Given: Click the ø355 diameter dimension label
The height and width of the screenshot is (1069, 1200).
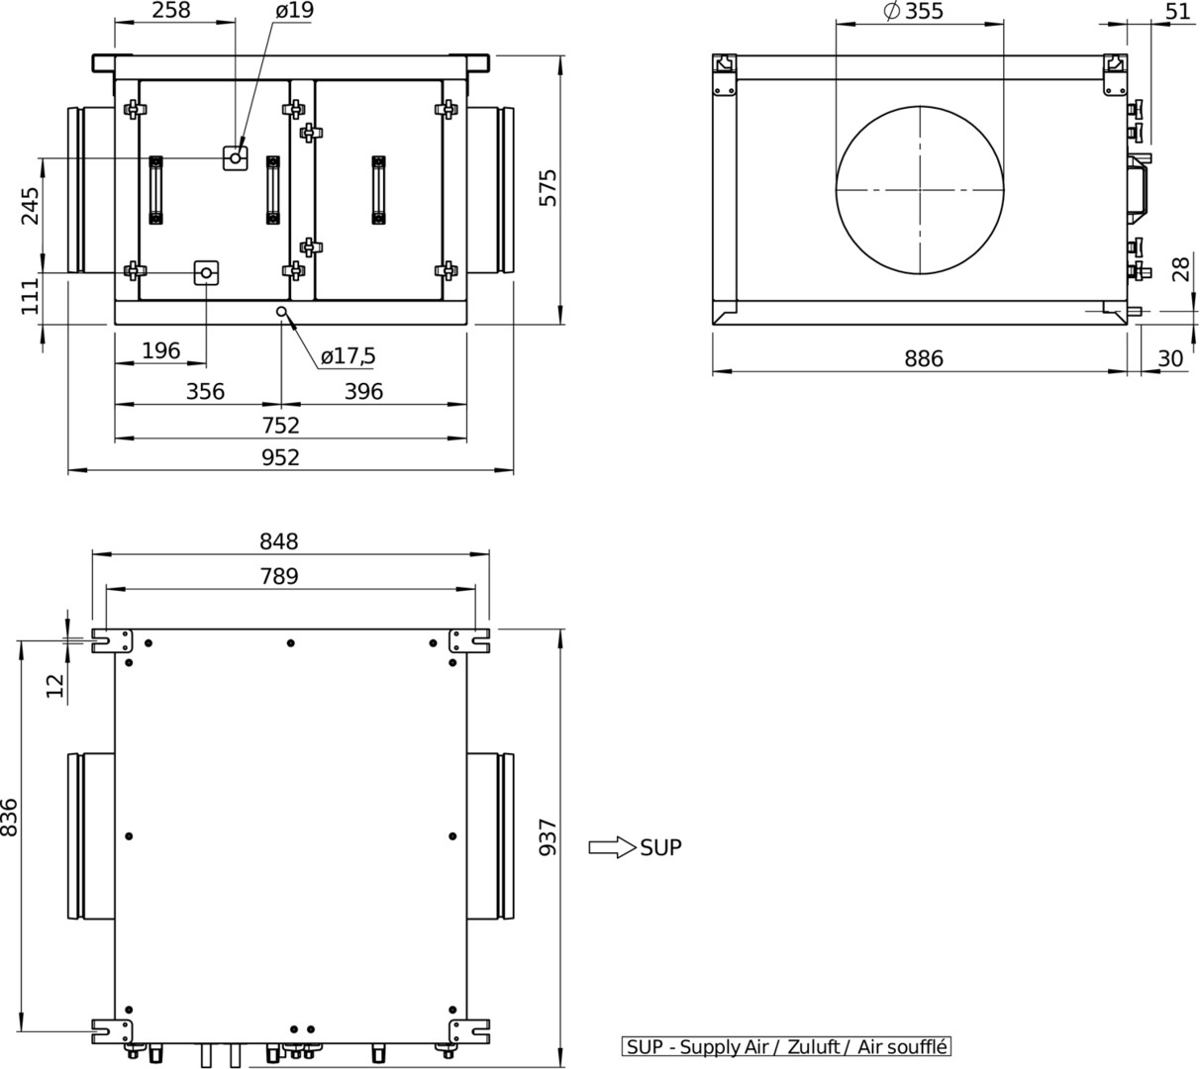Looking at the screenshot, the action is click(913, 11).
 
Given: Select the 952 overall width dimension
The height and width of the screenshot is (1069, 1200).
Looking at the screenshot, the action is click(280, 457).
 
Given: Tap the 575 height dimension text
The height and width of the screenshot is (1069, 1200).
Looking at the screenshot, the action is click(549, 188).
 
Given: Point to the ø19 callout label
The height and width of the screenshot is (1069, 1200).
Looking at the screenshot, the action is click(294, 10).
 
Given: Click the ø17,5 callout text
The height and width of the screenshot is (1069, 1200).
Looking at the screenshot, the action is click(348, 356).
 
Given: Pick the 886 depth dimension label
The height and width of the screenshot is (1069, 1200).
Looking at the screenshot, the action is click(924, 358).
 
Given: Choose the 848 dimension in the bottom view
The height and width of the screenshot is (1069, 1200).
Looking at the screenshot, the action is click(279, 540).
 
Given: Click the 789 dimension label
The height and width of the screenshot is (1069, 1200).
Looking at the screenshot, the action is click(279, 576).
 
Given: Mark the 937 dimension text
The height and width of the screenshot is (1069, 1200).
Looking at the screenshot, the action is click(549, 837).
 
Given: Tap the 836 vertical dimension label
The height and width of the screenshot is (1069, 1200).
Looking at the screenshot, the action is click(10, 818).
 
